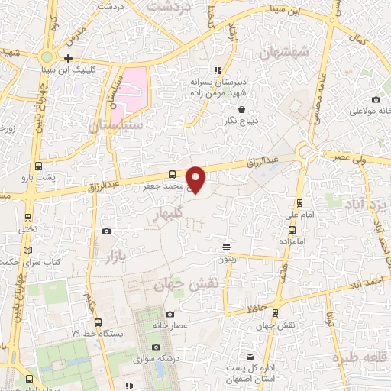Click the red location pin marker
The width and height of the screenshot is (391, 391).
point(196,179)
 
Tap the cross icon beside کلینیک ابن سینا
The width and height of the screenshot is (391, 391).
point(69,58)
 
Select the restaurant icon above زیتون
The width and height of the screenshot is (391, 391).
point(226,247)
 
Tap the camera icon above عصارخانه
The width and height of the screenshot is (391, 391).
point(170,314)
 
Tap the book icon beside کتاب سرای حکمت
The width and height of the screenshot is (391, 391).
point(28,250)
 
